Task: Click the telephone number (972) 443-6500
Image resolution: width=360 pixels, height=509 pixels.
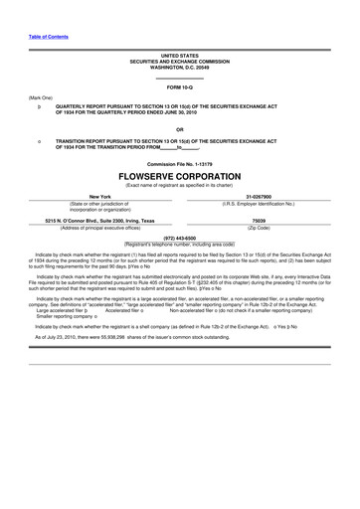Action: coord(180,238)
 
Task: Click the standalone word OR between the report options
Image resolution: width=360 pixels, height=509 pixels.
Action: coord(180,129)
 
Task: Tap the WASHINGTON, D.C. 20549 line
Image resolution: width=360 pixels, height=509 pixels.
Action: coord(180,67)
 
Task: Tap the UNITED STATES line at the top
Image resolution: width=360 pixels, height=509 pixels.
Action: coord(180,56)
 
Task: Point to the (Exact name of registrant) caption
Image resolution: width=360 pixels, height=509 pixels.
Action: coord(180,184)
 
